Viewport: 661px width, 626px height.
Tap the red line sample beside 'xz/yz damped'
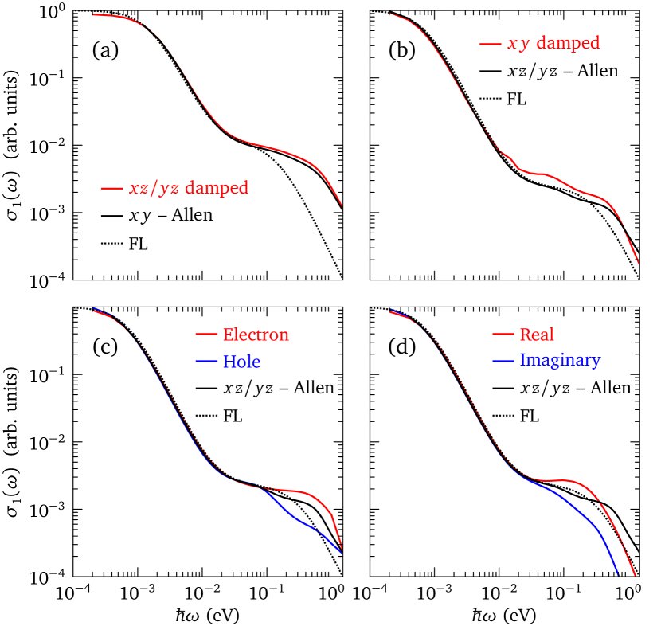[111, 189]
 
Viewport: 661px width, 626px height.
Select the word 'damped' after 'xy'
[567, 43]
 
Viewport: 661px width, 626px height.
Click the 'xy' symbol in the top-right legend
[518, 44]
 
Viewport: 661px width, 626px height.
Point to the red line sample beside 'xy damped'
[489, 44]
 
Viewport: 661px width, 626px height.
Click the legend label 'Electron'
[255, 335]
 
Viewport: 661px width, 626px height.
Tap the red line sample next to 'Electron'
[206, 335]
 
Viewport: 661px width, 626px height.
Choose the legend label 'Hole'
[241, 362]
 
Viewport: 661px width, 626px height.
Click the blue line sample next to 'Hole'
[206, 362]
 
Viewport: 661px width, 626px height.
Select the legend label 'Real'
[536, 335]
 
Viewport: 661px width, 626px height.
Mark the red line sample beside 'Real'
[503, 335]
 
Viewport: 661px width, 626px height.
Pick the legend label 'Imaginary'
[560, 360]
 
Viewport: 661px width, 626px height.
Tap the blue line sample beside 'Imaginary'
[503, 361]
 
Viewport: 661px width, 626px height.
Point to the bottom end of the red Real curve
[636, 574]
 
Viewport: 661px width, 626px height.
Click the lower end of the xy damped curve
[639, 262]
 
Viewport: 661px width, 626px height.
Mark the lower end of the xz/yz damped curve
[342, 206]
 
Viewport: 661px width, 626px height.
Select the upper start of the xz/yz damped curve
[94, 14]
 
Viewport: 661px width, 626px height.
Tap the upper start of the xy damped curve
[390, 14]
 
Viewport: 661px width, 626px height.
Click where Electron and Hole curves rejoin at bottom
[342, 551]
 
